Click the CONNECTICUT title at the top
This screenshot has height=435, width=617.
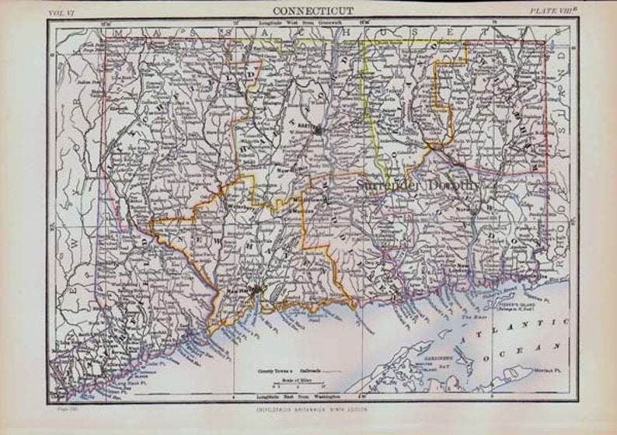(x=313, y=11)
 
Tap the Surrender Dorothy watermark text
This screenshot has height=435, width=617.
(x=420, y=185)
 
